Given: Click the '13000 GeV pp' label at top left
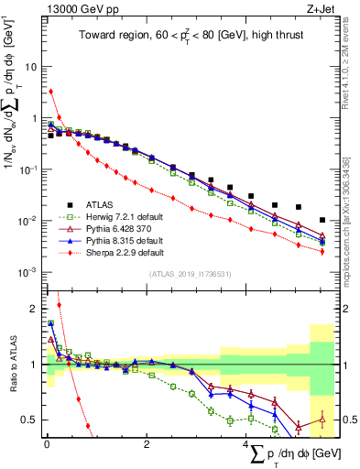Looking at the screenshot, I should [74, 10].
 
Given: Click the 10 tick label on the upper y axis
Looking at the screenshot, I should [30, 67].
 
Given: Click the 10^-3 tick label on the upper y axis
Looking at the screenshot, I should [27, 272].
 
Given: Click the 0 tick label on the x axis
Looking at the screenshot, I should [47, 444].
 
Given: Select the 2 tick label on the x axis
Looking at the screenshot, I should [147, 444].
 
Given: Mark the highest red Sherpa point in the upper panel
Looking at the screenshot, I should [50, 92].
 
